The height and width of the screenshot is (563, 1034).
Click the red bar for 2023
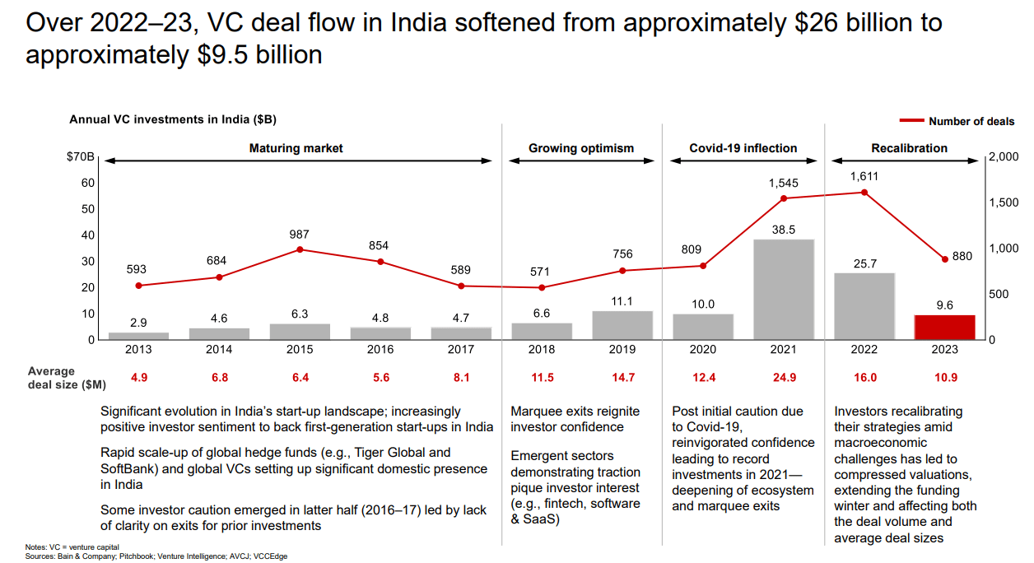[944, 327]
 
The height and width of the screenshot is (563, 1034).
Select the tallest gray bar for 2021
[783, 289]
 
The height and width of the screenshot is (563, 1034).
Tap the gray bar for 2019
[622, 325]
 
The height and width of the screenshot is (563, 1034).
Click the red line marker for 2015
[300, 249]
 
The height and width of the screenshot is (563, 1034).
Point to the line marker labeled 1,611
[864, 193]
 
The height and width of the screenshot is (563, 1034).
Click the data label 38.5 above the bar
[783, 230]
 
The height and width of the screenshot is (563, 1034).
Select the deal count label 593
[138, 269]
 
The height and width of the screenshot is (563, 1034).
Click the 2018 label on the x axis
[542, 349]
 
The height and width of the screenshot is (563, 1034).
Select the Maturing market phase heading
[296, 148]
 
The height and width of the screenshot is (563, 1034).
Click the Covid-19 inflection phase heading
[743, 148]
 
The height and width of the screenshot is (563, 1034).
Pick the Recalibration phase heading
[909, 148]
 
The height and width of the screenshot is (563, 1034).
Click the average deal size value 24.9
[783, 378]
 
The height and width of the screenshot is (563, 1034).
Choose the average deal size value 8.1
[461, 378]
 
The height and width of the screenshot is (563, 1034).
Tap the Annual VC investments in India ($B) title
[173, 119]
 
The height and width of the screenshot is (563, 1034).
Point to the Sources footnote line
[156, 556]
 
